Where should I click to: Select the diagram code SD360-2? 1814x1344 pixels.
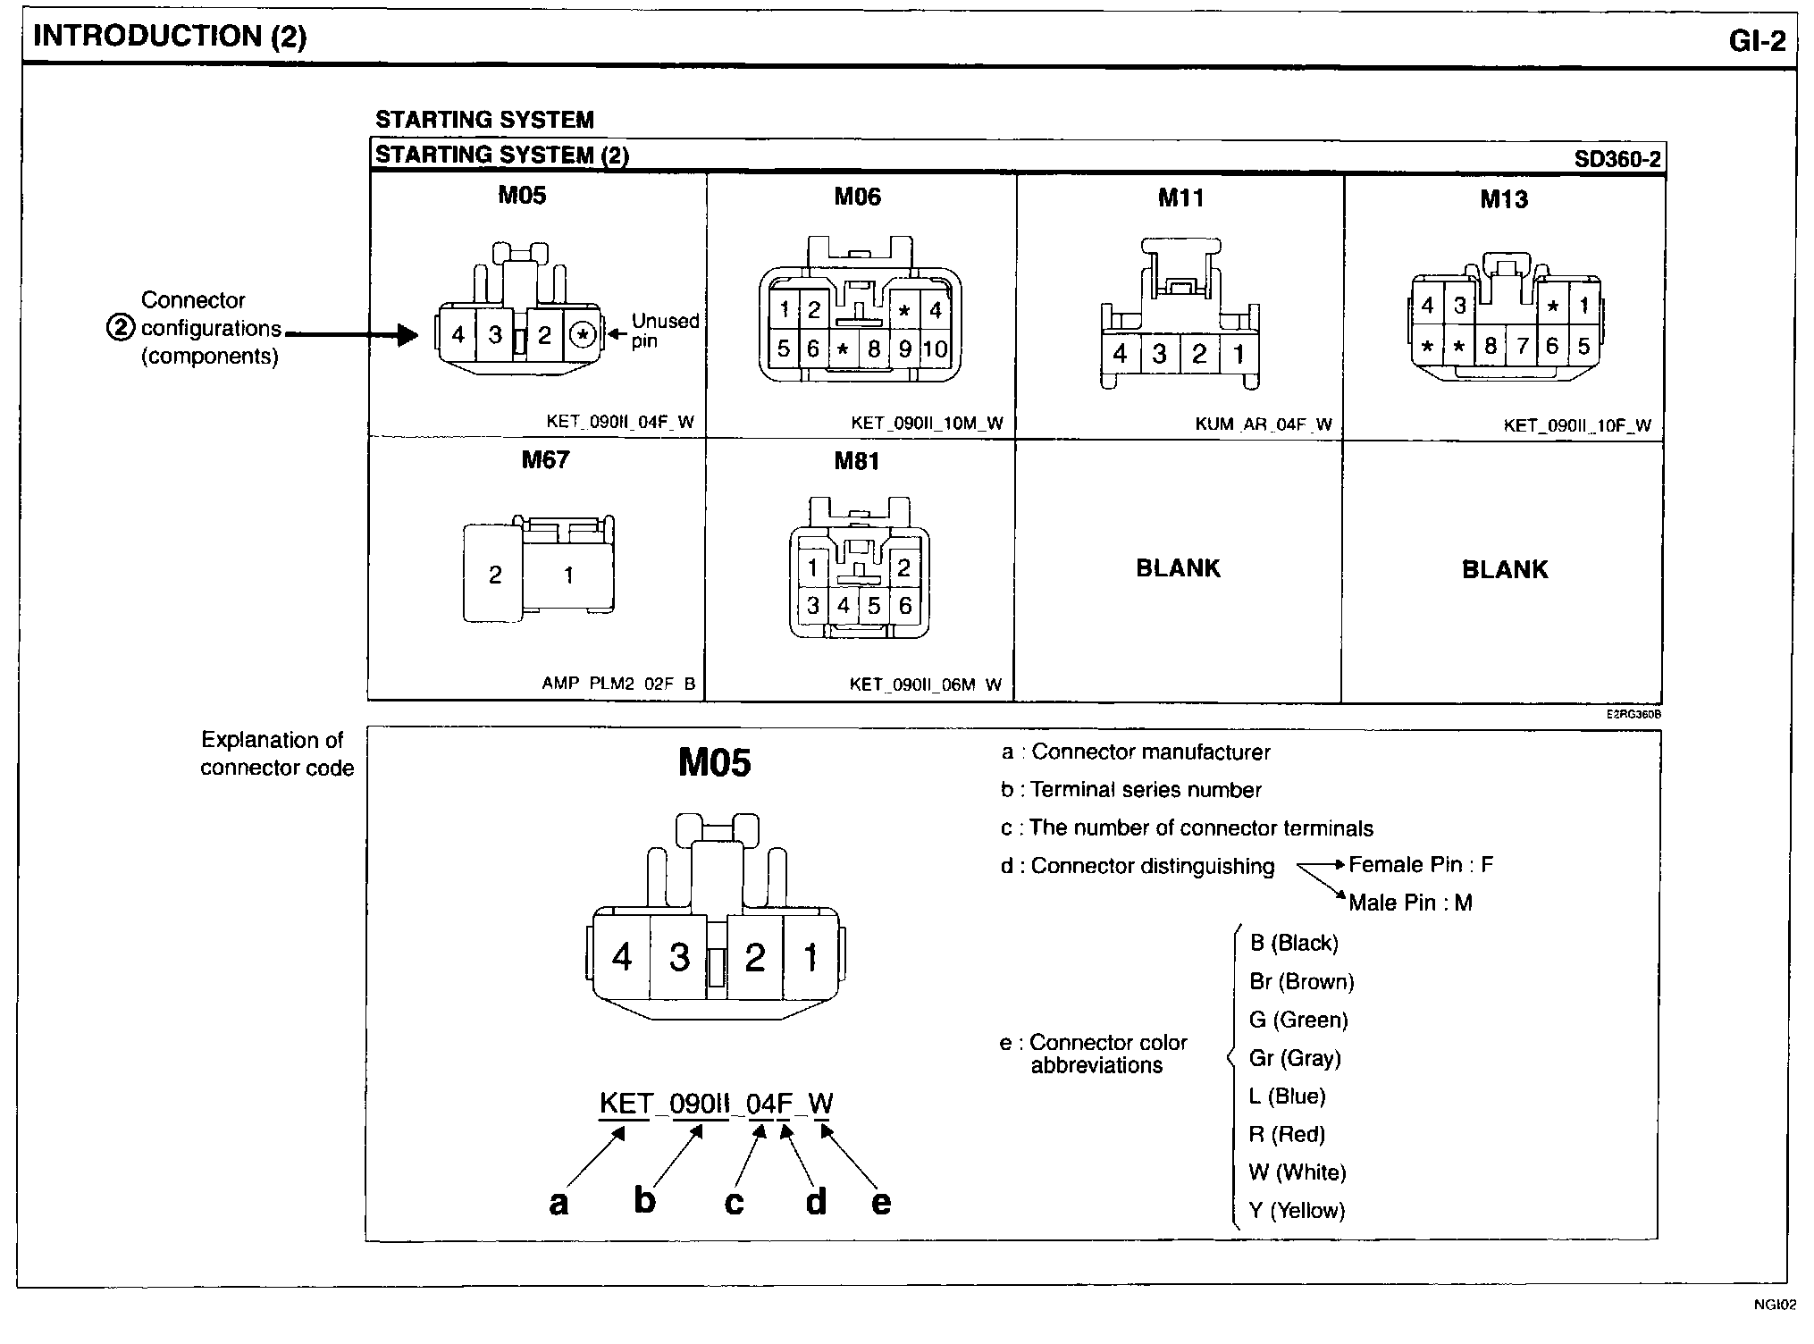click(x=1617, y=159)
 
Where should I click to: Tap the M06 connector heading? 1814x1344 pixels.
click(x=857, y=197)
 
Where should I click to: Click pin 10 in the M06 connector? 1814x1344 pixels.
click(x=935, y=349)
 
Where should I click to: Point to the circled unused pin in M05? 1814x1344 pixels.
click(x=583, y=335)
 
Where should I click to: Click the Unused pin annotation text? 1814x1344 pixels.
click(x=665, y=331)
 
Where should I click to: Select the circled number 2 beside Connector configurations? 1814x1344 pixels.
click(x=120, y=328)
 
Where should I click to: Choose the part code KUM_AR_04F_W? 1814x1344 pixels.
click(x=1263, y=424)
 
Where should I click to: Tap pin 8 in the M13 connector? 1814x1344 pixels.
click(x=1490, y=346)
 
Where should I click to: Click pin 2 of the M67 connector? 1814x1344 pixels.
click(x=495, y=575)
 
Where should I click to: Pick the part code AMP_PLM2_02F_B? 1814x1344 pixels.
click(x=617, y=684)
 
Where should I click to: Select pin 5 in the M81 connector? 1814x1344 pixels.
click(x=874, y=606)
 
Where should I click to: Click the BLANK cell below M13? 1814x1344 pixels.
click(x=1504, y=569)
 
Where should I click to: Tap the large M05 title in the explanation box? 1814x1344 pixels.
click(x=714, y=762)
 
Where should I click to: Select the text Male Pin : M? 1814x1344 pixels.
click(x=1410, y=903)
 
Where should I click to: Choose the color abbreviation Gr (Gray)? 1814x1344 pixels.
click(x=1295, y=1058)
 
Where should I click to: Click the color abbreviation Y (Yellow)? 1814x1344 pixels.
click(x=1297, y=1210)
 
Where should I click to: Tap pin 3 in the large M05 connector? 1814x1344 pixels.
click(x=679, y=958)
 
